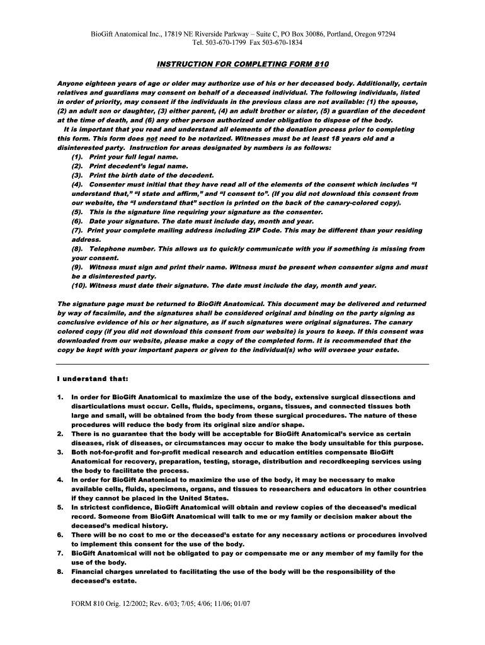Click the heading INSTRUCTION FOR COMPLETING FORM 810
[243, 64]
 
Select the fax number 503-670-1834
[280, 42]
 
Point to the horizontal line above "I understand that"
[243, 364]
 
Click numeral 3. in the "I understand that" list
[60, 452]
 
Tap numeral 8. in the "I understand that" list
[60, 571]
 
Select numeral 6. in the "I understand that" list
[60, 535]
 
